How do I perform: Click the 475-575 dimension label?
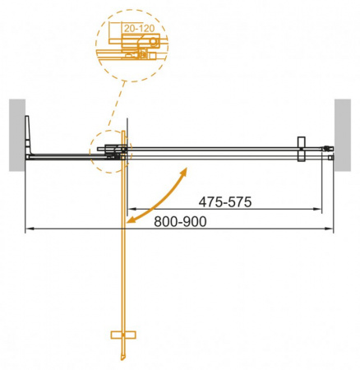[227, 201]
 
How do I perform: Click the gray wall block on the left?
[17, 135]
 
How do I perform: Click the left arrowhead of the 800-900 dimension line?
[28, 229]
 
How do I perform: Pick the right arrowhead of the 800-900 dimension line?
[330, 229]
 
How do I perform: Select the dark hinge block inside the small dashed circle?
[111, 150]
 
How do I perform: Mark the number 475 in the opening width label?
[211, 201]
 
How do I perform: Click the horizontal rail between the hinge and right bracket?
[214, 150]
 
